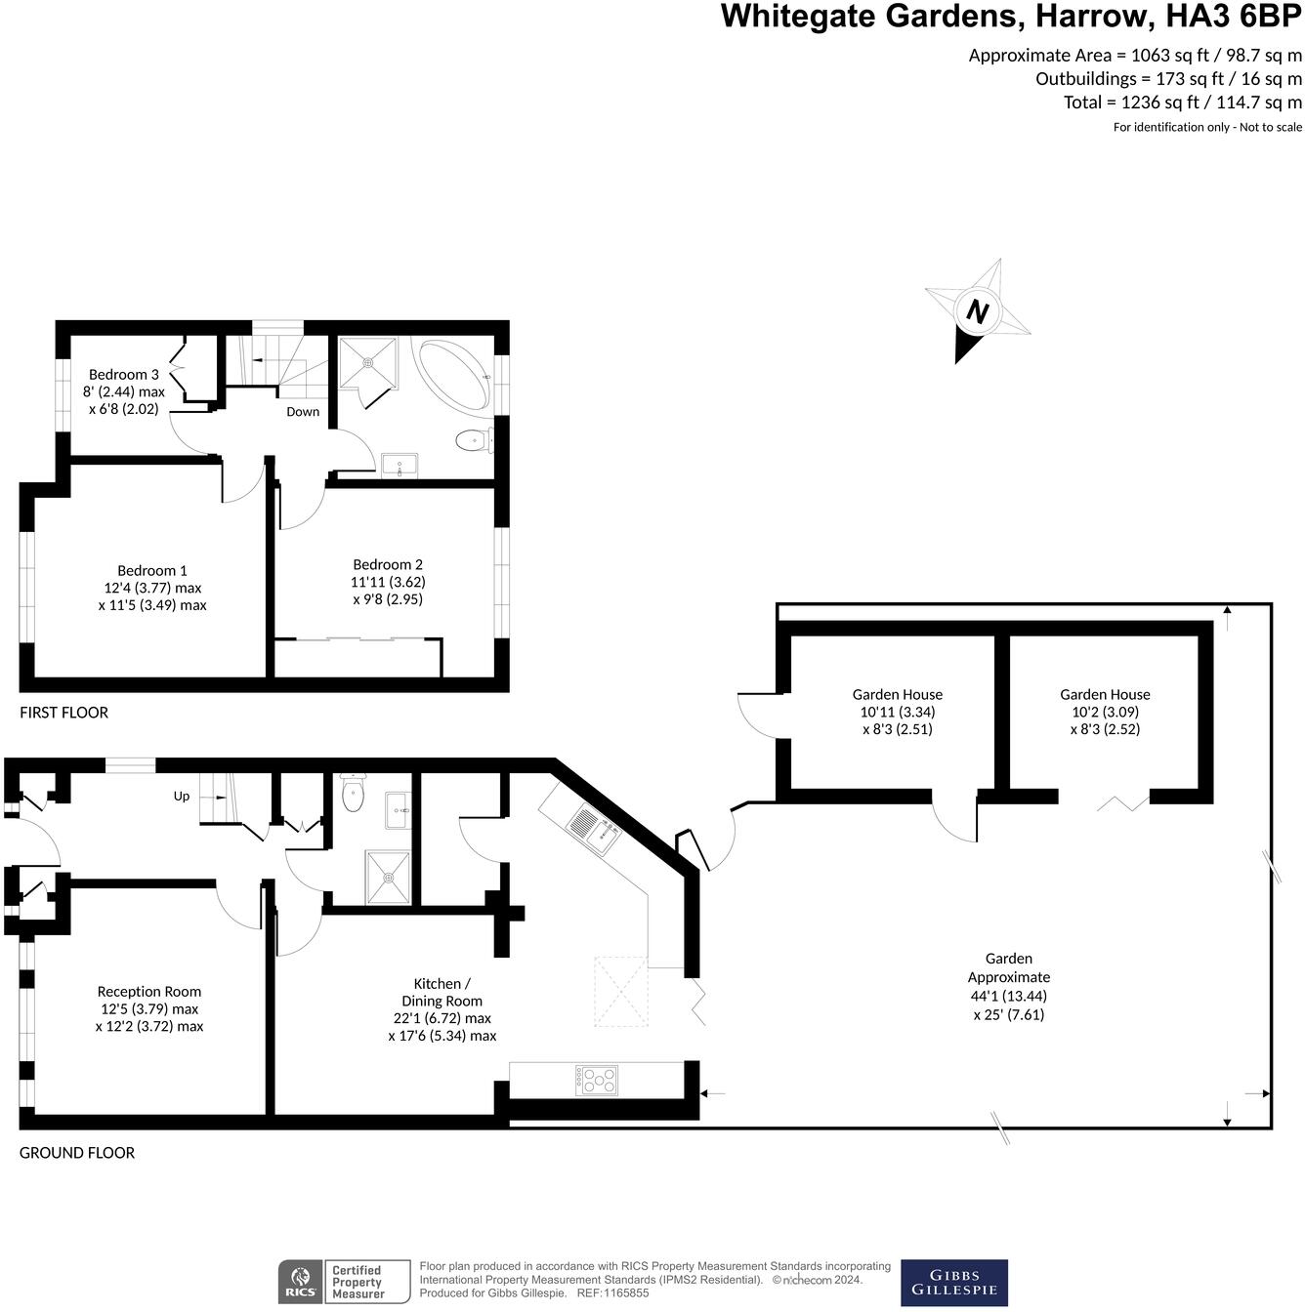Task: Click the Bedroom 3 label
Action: [123, 375]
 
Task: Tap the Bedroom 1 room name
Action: [152, 571]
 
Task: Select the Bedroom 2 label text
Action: [388, 564]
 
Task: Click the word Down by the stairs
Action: [303, 412]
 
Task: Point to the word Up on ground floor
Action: [182, 797]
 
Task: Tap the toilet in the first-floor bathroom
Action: [474, 441]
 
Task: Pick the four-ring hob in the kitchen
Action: [597, 1080]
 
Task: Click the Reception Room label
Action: [149, 992]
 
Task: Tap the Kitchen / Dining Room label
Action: [442, 992]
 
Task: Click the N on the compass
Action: [977, 312]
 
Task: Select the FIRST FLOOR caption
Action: [63, 713]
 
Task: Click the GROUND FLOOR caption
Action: [77, 1153]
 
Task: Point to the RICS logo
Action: [299, 1282]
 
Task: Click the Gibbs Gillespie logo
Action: [953, 1283]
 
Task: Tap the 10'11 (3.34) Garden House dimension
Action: [897, 712]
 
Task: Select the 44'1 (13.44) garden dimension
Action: [1008, 996]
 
